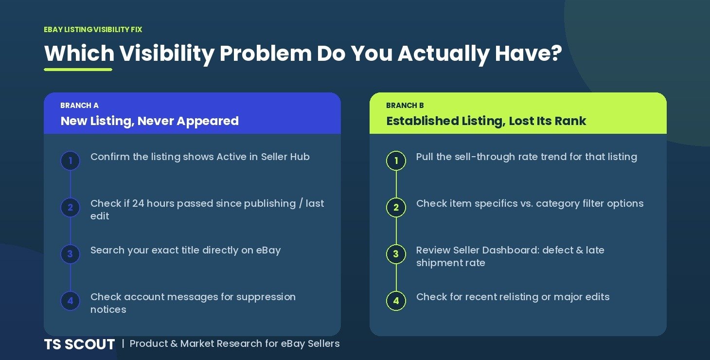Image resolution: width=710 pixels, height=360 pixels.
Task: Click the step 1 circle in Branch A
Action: tap(70, 161)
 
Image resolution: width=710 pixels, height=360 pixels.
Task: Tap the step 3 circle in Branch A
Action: tap(70, 254)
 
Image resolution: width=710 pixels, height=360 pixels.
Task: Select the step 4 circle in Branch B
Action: tap(396, 301)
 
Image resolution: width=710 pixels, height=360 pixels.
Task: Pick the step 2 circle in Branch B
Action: tap(396, 207)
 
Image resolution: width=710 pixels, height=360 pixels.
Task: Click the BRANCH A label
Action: tap(80, 105)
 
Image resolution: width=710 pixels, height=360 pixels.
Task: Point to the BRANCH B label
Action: tap(405, 105)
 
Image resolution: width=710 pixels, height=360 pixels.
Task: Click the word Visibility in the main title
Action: tap(167, 54)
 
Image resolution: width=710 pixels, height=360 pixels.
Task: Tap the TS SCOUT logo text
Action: tap(80, 344)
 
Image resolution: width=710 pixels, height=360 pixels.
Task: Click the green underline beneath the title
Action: tap(78, 70)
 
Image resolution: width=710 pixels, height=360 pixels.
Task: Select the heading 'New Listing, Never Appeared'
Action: tap(150, 121)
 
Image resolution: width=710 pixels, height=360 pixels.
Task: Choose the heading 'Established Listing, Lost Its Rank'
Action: tap(486, 121)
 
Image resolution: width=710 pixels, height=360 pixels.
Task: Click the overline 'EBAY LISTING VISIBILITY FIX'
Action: tap(93, 30)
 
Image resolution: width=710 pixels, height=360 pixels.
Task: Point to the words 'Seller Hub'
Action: tap(285, 157)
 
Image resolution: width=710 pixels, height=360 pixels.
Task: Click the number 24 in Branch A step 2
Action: tap(138, 203)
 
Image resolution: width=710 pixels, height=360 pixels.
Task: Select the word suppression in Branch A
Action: tap(266, 297)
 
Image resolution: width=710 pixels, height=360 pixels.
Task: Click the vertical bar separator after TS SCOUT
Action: tap(123, 343)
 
